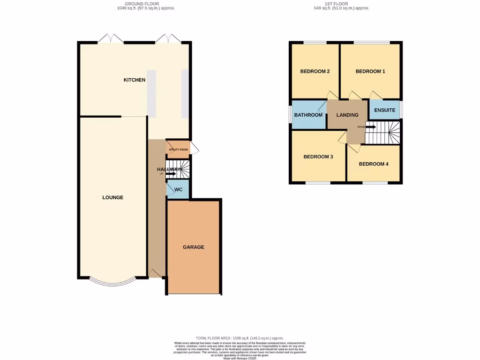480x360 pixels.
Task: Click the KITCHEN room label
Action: [134, 80]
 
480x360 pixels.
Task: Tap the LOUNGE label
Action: [113, 197]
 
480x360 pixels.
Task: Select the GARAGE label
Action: [193, 247]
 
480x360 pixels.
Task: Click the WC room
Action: [178, 190]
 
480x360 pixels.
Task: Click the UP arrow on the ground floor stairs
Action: [170, 174]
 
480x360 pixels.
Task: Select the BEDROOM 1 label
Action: [370, 71]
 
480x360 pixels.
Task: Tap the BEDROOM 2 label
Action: [315, 71]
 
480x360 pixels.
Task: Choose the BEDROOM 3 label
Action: [318, 157]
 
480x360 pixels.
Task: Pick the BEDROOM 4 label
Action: [374, 164]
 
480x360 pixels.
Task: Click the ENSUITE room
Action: [384, 110]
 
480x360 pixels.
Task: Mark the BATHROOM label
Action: [308, 115]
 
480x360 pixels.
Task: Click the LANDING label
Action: [347, 115]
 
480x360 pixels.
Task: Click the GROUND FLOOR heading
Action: [131, 4]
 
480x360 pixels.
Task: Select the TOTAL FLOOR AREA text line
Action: [240, 338]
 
